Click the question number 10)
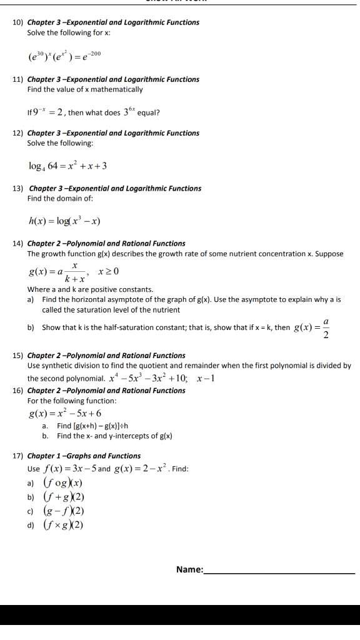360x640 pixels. [17, 22]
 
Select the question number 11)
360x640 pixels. [17, 79]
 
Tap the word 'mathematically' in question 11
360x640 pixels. [118, 89]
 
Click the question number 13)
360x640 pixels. [18, 188]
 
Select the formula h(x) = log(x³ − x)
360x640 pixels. [65, 221]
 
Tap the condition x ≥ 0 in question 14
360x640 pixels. [109, 271]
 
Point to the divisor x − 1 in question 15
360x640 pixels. [206, 379]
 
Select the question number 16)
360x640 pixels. [17, 391]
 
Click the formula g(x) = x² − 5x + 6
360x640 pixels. [65, 413]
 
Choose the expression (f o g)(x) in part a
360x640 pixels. [62, 483]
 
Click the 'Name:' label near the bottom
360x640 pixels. [190, 569]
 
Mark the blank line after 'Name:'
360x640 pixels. [279, 572]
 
